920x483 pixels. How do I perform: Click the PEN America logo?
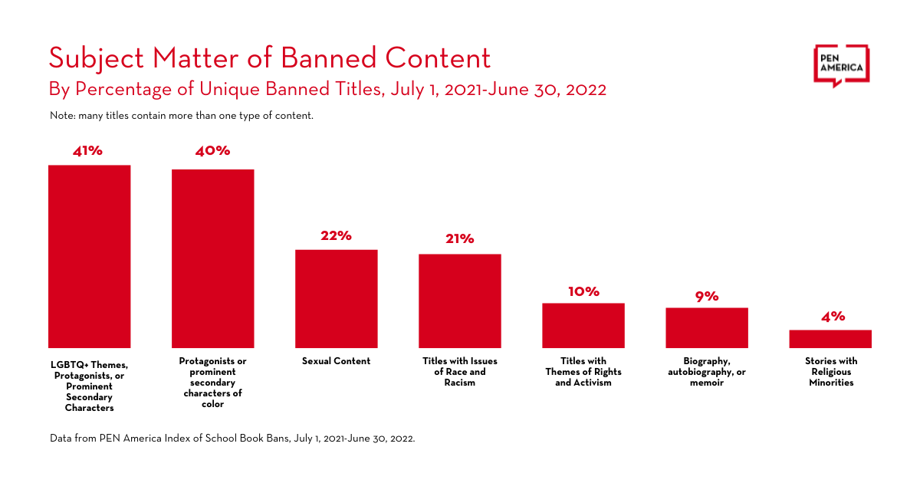[x=841, y=66]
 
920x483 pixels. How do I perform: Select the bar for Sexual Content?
[x=337, y=299]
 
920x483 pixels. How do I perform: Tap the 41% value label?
[x=88, y=151]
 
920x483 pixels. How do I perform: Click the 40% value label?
[x=212, y=151]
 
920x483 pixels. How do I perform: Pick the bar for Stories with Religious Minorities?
[x=830, y=339]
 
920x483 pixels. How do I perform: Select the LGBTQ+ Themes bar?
[x=90, y=257]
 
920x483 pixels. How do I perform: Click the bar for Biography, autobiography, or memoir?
[x=707, y=328]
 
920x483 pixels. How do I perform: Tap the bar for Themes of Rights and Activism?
[x=583, y=326]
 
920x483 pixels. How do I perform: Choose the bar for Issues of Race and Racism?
[x=460, y=301]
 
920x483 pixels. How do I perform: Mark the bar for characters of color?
[x=212, y=258]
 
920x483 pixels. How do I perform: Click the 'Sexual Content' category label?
[x=337, y=361]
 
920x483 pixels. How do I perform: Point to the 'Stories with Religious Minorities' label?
[x=831, y=372]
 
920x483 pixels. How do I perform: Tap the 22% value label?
[x=337, y=236]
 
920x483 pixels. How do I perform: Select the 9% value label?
[x=707, y=296]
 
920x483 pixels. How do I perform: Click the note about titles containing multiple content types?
[x=181, y=117]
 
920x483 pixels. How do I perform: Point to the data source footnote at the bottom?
[x=232, y=439]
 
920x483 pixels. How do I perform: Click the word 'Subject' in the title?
[x=95, y=59]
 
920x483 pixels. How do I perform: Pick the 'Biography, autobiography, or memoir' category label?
[x=707, y=372]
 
